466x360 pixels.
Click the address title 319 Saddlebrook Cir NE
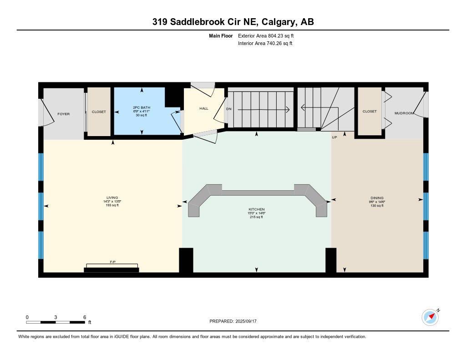point(233,22)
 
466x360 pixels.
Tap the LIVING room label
point(112,198)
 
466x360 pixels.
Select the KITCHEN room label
point(256,209)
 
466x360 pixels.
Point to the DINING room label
point(377,198)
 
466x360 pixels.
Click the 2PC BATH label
point(142,108)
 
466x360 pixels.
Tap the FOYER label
point(63,114)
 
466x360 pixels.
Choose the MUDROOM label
point(404,113)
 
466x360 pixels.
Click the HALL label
point(203,108)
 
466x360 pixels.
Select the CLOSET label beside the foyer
point(99,112)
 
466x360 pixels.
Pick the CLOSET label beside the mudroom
point(369,111)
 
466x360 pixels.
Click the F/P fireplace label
point(112,262)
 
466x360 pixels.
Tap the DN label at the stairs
point(229,109)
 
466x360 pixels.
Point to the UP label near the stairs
point(334,137)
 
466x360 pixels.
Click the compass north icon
point(430,317)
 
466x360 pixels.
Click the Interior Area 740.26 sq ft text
point(265,44)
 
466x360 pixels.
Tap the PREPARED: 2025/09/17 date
point(233,321)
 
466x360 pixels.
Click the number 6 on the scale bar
point(85,317)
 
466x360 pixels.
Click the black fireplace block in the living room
point(111,270)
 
